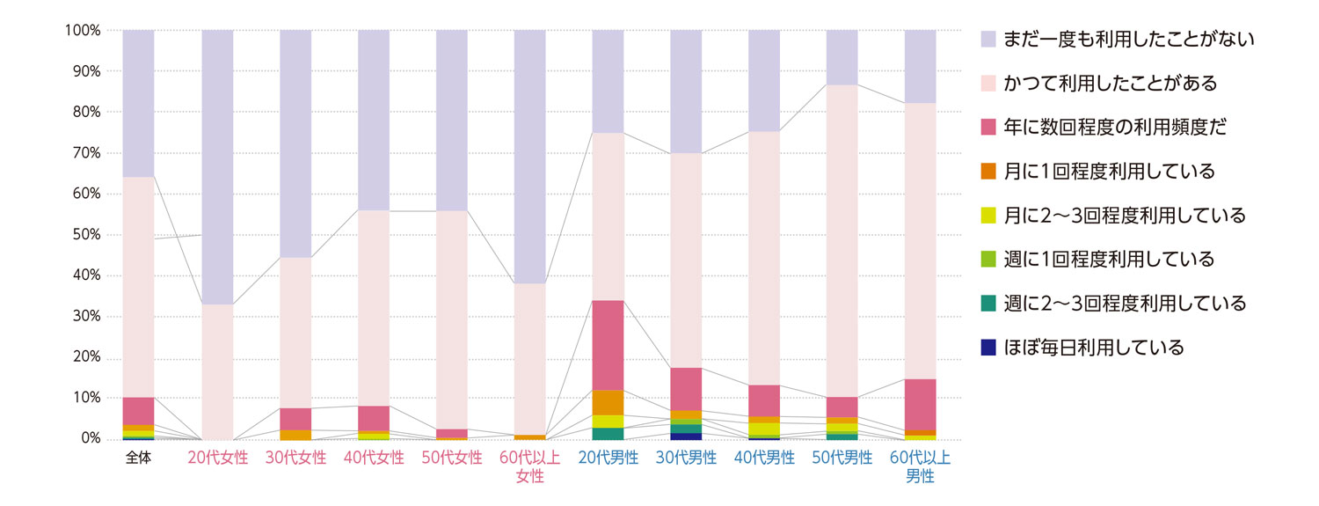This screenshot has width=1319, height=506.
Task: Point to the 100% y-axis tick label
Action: [x=83, y=31]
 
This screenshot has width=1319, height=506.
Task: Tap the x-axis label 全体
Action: [x=139, y=458]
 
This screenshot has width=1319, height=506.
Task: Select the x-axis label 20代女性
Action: [x=217, y=458]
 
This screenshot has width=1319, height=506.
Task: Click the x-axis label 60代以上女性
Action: [x=529, y=467]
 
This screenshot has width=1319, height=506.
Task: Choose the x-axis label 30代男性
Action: [x=686, y=458]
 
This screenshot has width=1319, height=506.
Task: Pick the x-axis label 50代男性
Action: [x=842, y=458]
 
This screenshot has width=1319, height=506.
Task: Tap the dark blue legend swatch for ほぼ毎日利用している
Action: [x=987, y=348]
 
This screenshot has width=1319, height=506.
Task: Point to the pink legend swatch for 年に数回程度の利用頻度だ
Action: [x=987, y=128]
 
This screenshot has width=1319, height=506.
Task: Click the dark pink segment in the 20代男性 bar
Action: [x=608, y=345]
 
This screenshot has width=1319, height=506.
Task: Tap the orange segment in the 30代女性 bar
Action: [x=295, y=435]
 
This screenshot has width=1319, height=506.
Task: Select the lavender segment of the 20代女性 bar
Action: [x=217, y=167]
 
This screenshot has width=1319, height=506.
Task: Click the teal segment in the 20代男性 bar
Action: [x=608, y=433]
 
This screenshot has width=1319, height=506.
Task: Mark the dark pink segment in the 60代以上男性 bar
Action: [x=921, y=405]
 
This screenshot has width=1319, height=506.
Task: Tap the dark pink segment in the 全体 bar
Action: [x=139, y=411]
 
